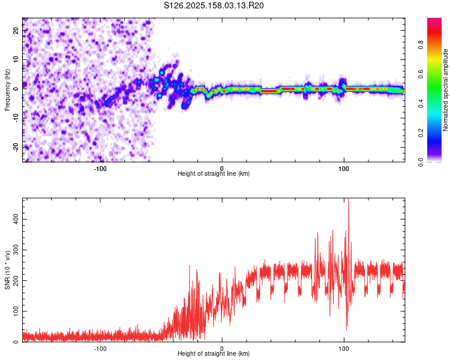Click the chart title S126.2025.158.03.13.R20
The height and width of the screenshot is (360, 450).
(x=214, y=5)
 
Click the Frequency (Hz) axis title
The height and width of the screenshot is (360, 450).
(x=7, y=90)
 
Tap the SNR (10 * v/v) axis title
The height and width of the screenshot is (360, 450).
(x=7, y=270)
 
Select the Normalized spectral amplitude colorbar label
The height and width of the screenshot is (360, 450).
(x=445, y=90)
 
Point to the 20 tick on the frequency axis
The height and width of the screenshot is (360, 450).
(x=16, y=30)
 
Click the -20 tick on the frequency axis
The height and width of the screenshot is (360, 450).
(x=16, y=147)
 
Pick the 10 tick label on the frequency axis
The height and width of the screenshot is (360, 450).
(x=16, y=59)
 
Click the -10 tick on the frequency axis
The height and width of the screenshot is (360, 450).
(x=16, y=118)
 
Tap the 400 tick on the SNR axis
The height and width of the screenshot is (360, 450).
(x=16, y=220)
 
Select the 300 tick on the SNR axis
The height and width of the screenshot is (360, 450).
(x=16, y=250)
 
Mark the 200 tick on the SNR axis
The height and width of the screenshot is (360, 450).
(x=16, y=280)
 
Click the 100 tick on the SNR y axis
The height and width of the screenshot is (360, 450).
(x=16, y=311)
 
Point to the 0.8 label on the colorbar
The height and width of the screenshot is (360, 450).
(x=421, y=45)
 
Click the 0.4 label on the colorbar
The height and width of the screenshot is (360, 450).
(x=421, y=104)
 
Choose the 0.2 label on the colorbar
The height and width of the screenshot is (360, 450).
(x=421, y=133)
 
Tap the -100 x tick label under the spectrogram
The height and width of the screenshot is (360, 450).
(x=100, y=169)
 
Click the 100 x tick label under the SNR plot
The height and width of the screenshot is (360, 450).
(x=344, y=349)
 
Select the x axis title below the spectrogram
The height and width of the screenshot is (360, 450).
(x=214, y=173)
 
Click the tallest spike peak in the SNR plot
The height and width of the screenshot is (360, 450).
(x=349, y=199)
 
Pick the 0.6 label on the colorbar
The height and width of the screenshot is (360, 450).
(x=421, y=74)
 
